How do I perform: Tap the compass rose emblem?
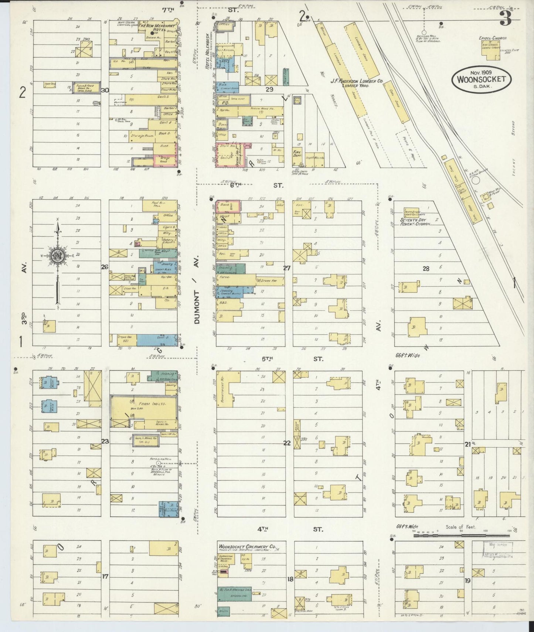[x=57, y=255]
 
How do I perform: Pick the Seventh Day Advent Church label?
[x=415, y=222]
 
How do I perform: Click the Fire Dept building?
[x=297, y=154]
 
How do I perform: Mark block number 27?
[x=286, y=268]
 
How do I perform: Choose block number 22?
[x=286, y=443]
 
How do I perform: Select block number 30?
[x=105, y=90]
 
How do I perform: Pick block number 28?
[x=426, y=269]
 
